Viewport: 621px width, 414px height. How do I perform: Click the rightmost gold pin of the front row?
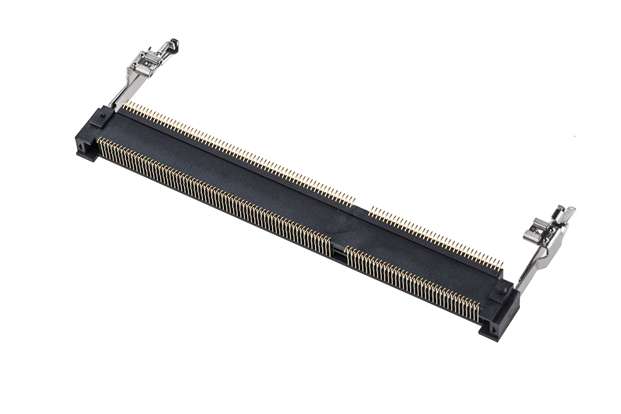[477, 310]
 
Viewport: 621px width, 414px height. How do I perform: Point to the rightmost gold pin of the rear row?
[501, 266]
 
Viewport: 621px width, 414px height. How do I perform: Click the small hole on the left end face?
[81, 147]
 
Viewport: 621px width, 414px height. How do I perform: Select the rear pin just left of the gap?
[354, 201]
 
